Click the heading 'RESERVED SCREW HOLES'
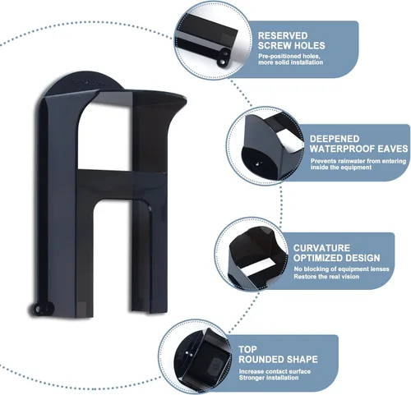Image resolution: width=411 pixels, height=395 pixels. coord(291,40)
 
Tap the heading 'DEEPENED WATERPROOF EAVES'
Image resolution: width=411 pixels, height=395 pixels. coord(358,144)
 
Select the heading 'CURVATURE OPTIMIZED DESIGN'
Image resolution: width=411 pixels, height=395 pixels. coord(336,253)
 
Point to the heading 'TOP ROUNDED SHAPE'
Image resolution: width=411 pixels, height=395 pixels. coord(278,354)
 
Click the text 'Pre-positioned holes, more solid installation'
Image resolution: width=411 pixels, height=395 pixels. coord(290,59)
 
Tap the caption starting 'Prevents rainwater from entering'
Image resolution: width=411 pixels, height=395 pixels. coord(358,164)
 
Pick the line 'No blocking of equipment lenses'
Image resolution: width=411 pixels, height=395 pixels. coord(341,269)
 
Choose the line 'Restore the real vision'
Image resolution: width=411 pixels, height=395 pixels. coord(326,277)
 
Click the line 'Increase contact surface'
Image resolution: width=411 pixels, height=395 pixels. coord(275,371)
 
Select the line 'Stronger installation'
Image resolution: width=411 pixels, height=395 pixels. coord(269,378)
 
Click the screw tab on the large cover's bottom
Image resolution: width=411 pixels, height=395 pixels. coord(41,309)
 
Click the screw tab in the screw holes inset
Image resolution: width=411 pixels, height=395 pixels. coord(223,57)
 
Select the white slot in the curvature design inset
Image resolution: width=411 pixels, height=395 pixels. coord(257,269)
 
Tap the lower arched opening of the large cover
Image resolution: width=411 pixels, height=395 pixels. coord(112,257)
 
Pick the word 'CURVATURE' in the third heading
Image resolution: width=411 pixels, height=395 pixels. coord(321,248)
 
